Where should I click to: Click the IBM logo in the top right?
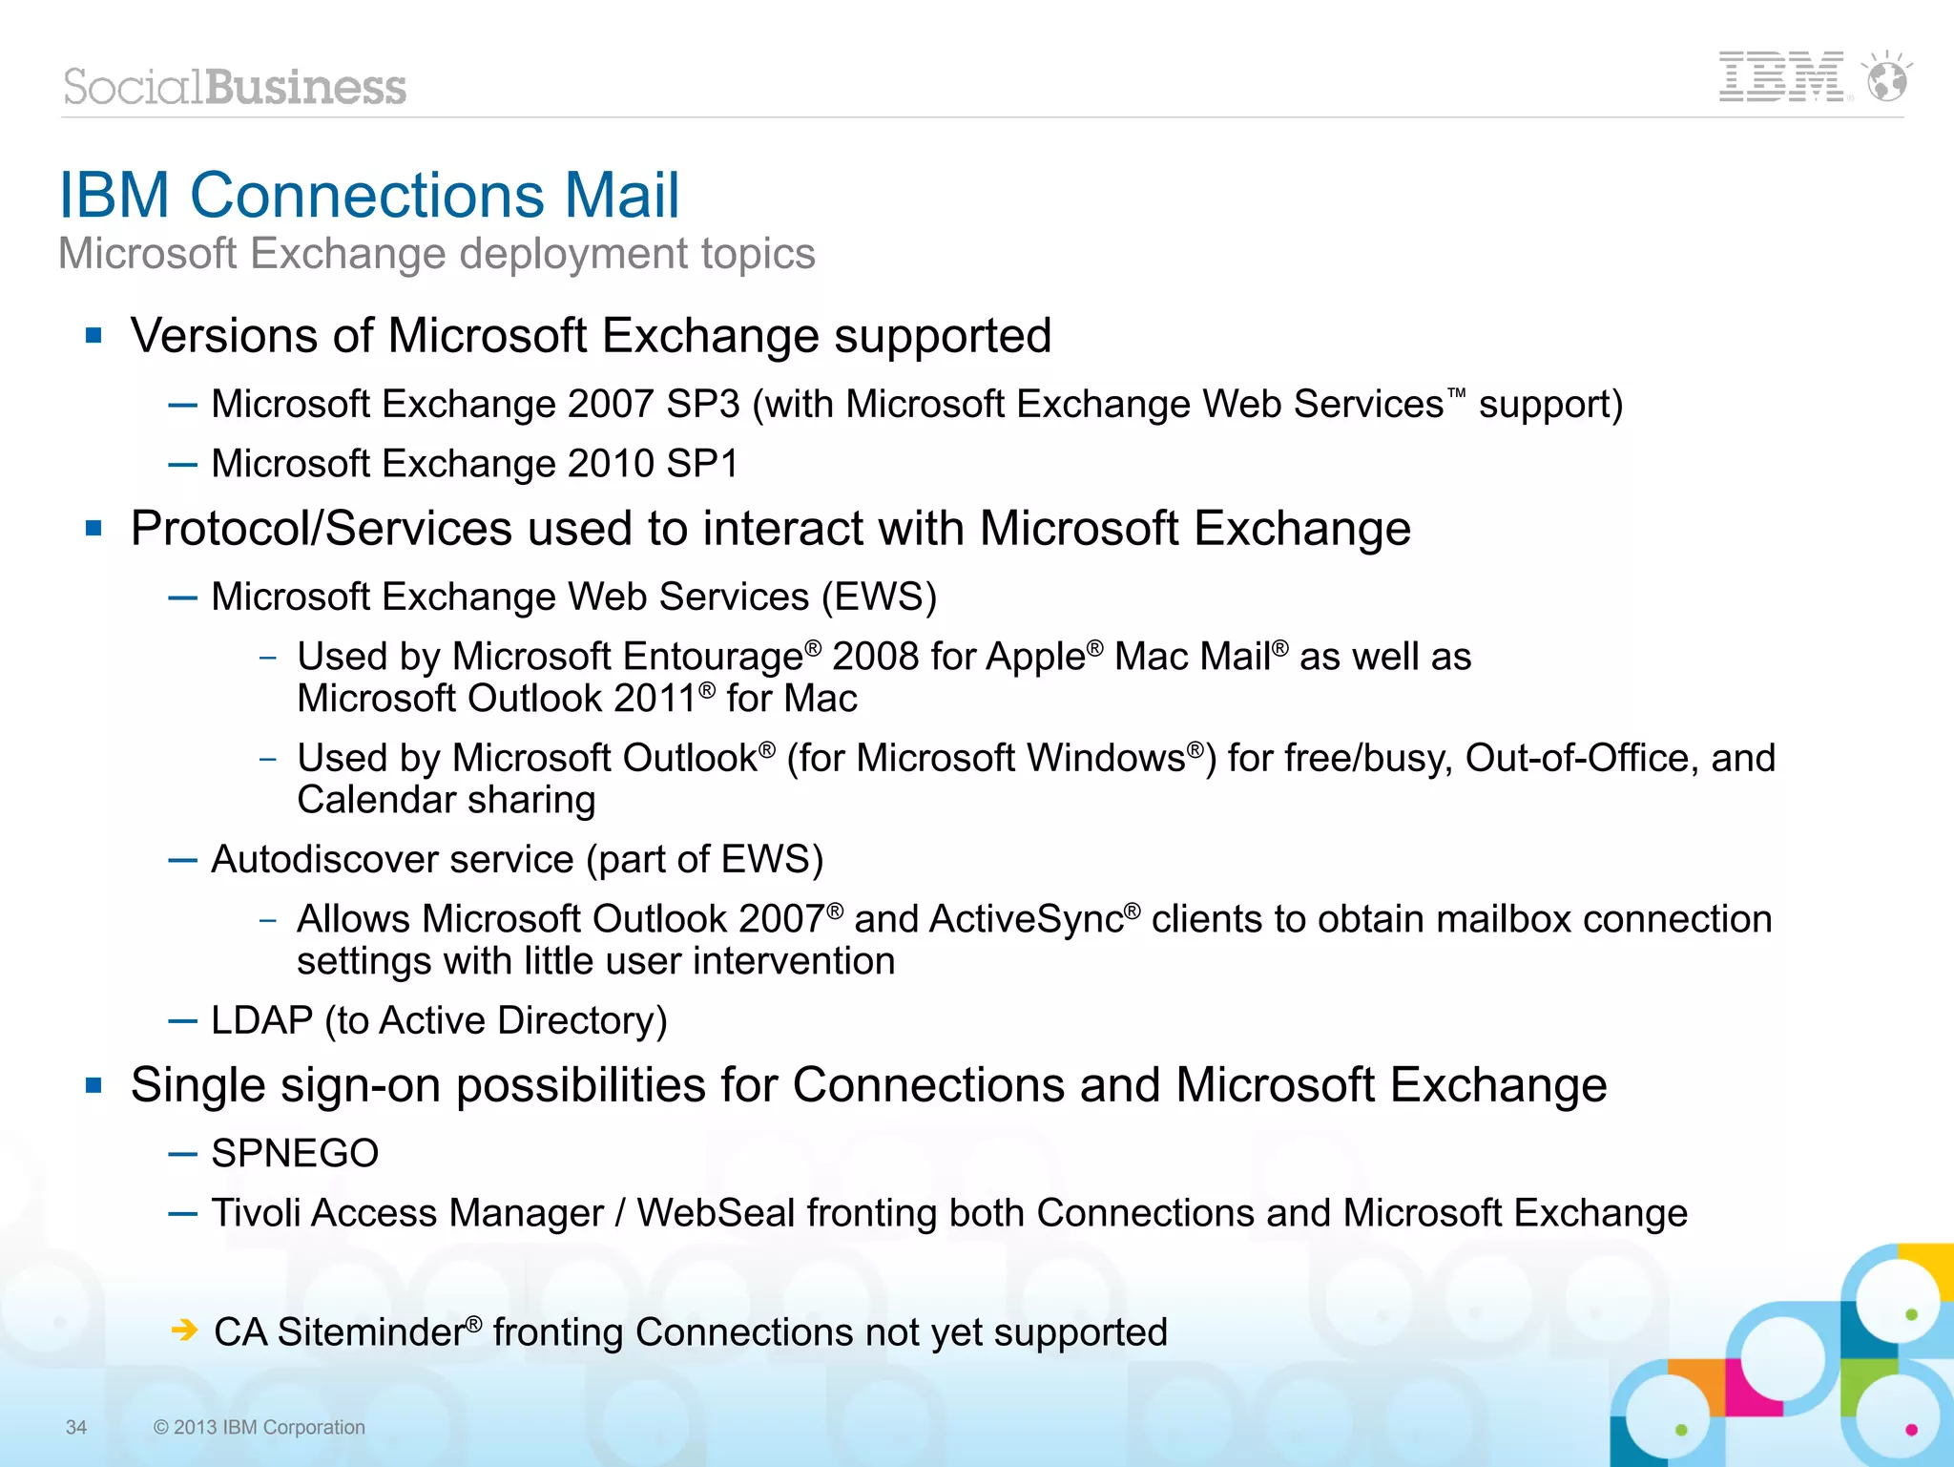(x=1780, y=76)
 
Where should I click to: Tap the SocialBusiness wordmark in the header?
(x=235, y=87)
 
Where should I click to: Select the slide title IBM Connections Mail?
(x=369, y=196)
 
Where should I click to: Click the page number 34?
(x=76, y=1427)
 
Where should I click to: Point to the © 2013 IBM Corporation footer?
(x=260, y=1427)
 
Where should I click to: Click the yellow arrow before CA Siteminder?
(x=184, y=1330)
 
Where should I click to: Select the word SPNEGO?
(x=295, y=1153)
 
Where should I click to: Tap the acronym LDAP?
(x=261, y=1020)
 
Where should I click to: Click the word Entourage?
(x=713, y=657)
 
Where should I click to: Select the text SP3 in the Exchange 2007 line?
(x=702, y=404)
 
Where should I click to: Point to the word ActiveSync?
(x=1026, y=919)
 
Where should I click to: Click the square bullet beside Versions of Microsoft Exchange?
(x=94, y=335)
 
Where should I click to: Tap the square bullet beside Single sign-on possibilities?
(x=94, y=1085)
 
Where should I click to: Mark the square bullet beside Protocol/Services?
(x=94, y=528)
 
